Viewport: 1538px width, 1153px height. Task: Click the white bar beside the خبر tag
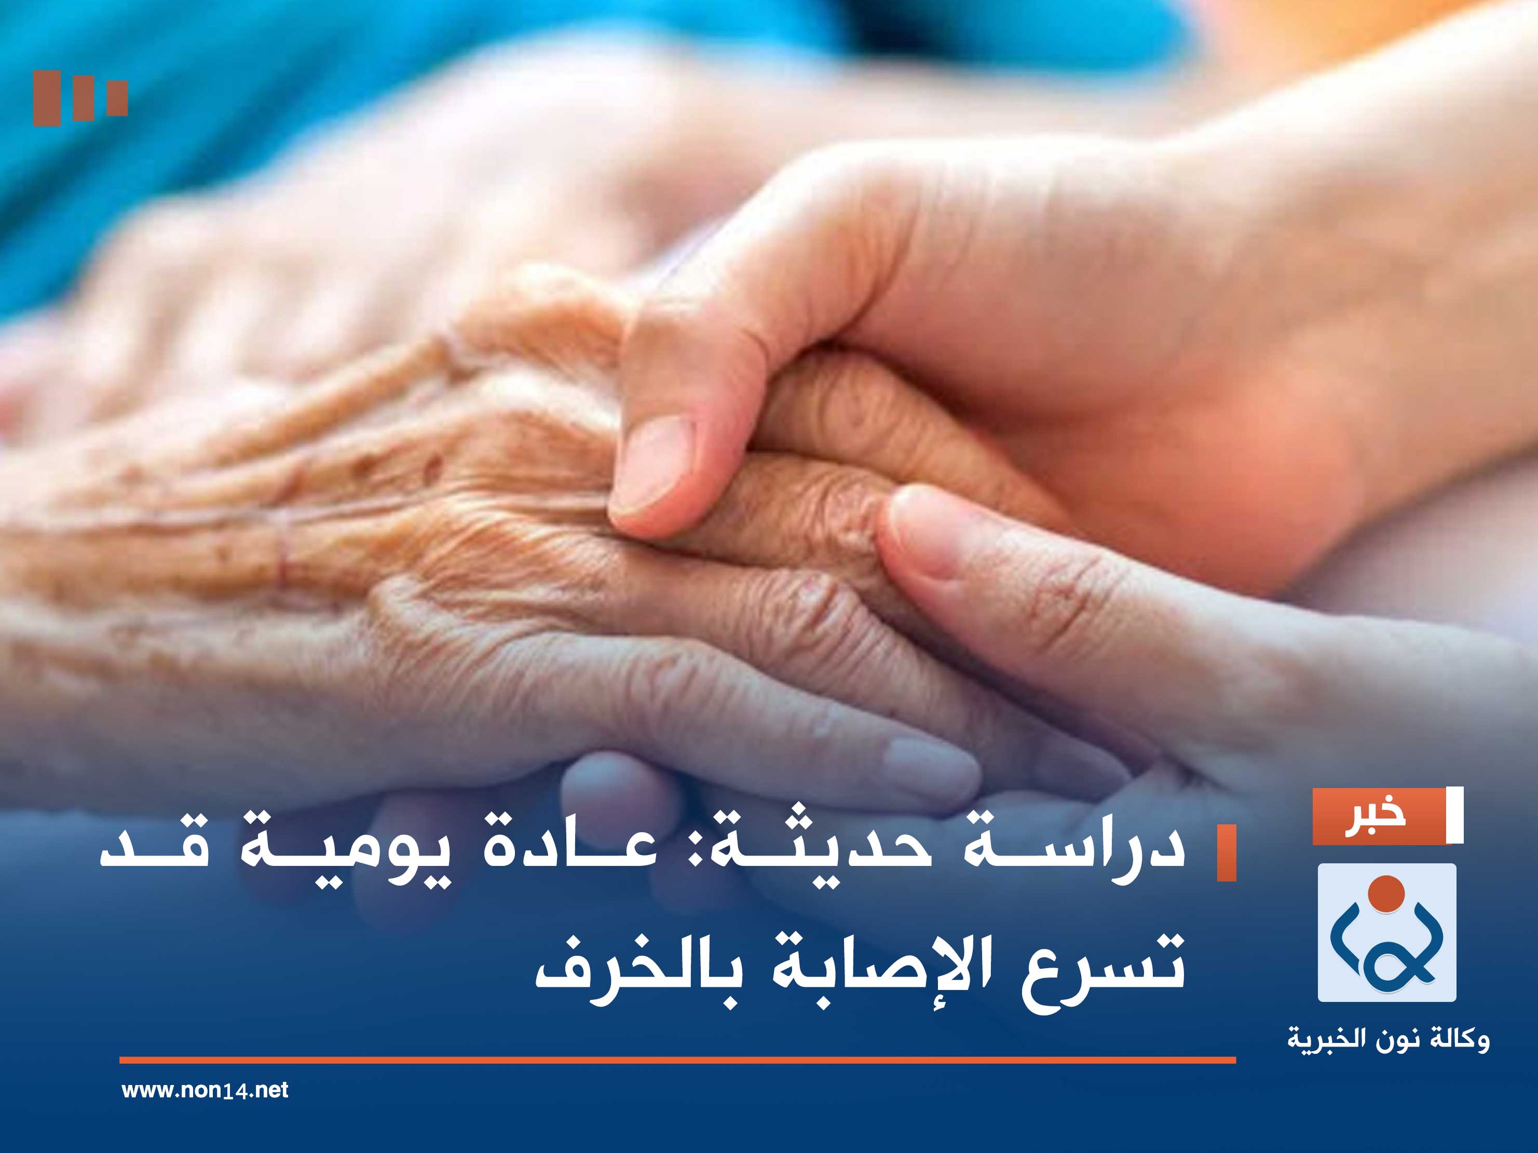[x=1454, y=816]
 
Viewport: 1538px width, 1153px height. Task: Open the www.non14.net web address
[x=205, y=1090]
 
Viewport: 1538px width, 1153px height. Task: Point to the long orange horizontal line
[x=677, y=1061]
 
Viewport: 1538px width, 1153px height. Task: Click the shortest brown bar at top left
[x=117, y=98]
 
